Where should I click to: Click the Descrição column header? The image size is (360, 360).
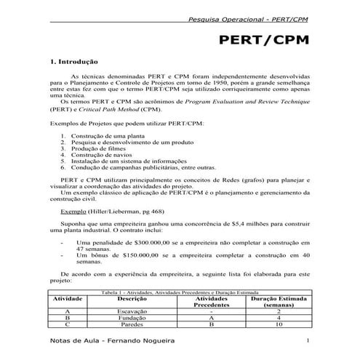point(132,299)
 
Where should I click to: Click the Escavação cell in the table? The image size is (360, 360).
point(132,311)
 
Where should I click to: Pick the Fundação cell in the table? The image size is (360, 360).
point(132,318)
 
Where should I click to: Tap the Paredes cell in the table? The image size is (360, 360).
point(132,325)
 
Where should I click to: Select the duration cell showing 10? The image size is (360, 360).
point(279,325)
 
